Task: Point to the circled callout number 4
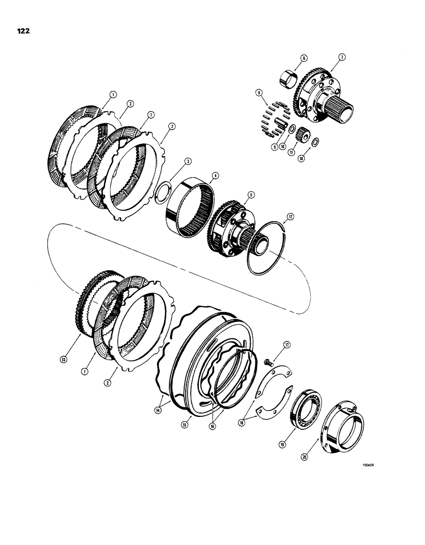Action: [216, 175]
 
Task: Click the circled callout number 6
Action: [303, 58]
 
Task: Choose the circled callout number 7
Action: [342, 57]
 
